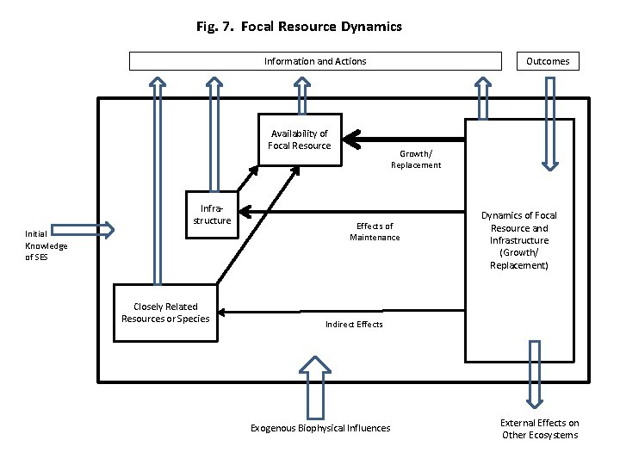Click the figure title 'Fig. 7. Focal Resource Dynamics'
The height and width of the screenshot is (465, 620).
coord(299,27)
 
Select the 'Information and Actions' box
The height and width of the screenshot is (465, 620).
coord(314,61)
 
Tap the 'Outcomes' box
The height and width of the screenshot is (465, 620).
coord(548,61)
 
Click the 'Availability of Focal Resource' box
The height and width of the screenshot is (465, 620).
coord(300,139)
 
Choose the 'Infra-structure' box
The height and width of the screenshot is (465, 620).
coord(212,214)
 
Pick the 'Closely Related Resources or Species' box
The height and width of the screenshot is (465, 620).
coord(166,313)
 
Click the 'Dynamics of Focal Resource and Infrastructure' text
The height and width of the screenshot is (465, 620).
coord(519,240)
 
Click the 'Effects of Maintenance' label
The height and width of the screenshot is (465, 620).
coord(375,232)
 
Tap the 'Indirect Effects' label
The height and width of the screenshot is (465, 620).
coord(354,324)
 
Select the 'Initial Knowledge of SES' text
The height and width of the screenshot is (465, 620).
coord(46,245)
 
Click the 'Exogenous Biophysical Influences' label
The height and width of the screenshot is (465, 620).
coord(319,428)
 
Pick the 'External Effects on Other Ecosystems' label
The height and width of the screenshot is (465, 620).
coord(540,429)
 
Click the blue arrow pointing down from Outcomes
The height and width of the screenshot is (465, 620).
coord(549,121)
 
